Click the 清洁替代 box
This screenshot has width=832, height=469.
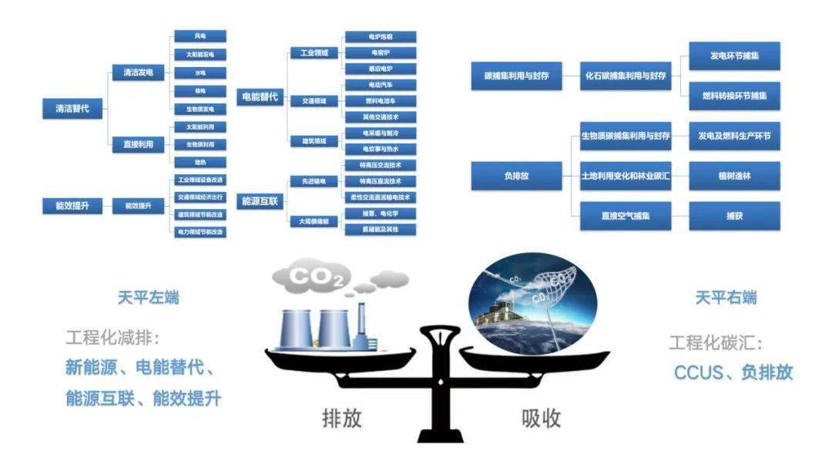pyautogui.click(x=69, y=109)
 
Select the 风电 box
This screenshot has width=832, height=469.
pyautogui.click(x=200, y=36)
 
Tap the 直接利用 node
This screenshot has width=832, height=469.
pyautogui.click(x=138, y=144)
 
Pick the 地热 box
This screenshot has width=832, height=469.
pyautogui.click(x=200, y=162)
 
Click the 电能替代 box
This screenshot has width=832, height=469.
pyautogui.click(x=258, y=98)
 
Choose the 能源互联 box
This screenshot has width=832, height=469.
pyautogui.click(x=258, y=201)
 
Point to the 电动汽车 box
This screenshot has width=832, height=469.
pyautogui.click(x=380, y=85)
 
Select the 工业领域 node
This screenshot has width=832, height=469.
pyautogui.click(x=314, y=53)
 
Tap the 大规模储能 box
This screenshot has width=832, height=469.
pyautogui.click(x=314, y=221)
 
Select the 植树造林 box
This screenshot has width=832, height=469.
pyautogui.click(x=734, y=176)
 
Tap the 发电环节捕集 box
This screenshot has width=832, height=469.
pyautogui.click(x=734, y=56)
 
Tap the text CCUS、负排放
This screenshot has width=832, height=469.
pyautogui.click(x=733, y=373)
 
